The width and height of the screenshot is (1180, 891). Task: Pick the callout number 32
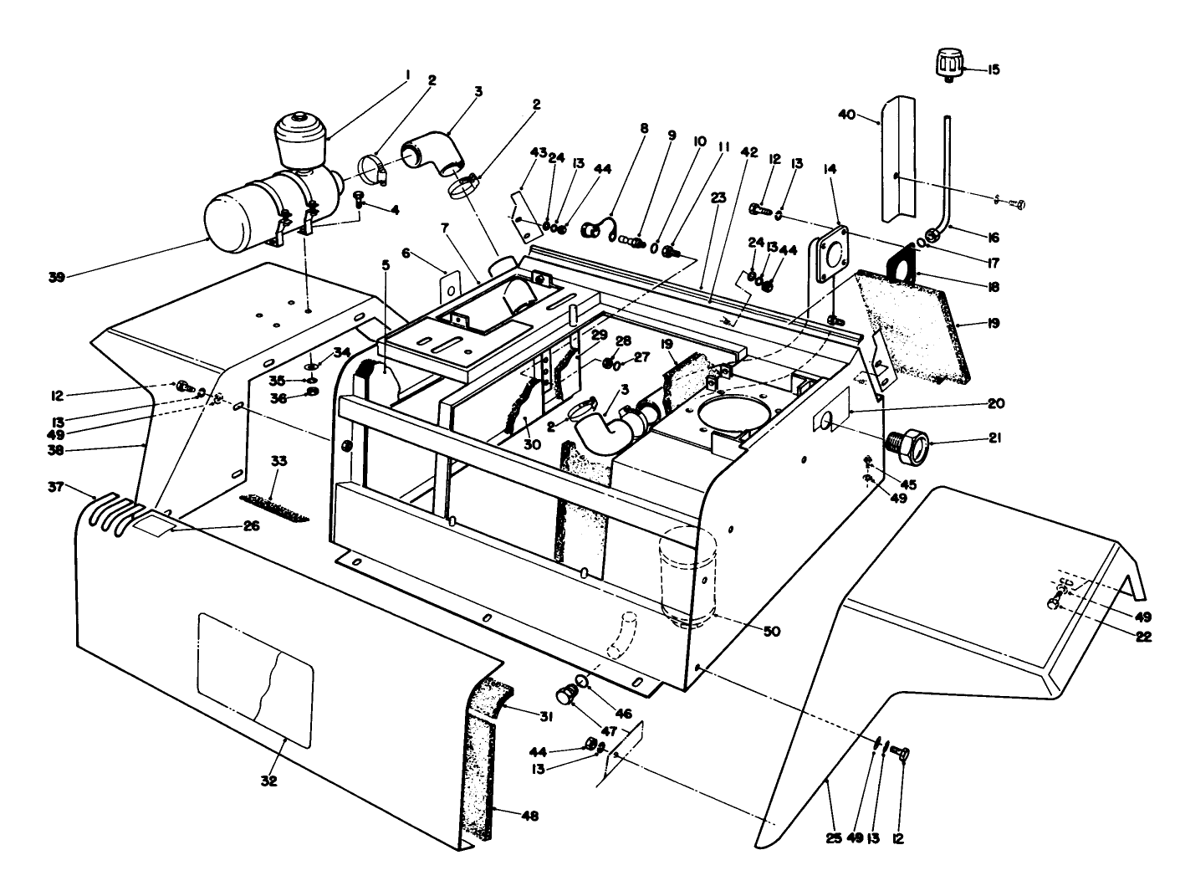coord(269,781)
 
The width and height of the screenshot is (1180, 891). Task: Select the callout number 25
coord(833,837)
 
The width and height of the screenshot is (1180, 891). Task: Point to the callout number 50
coord(771,632)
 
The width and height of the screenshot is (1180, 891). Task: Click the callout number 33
coord(278,461)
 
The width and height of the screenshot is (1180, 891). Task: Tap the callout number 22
coord(1143,636)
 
